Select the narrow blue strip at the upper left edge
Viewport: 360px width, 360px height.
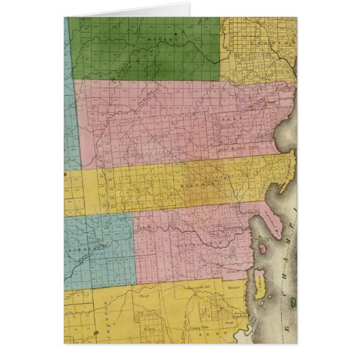[x=69, y=88]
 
